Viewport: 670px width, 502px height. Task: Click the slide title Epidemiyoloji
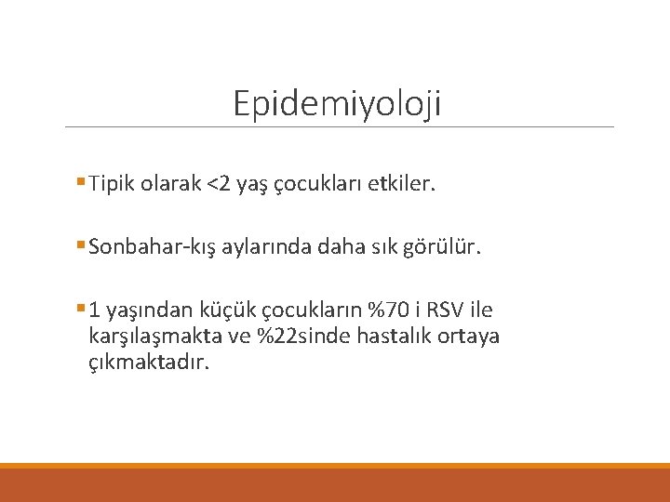point(337,103)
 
